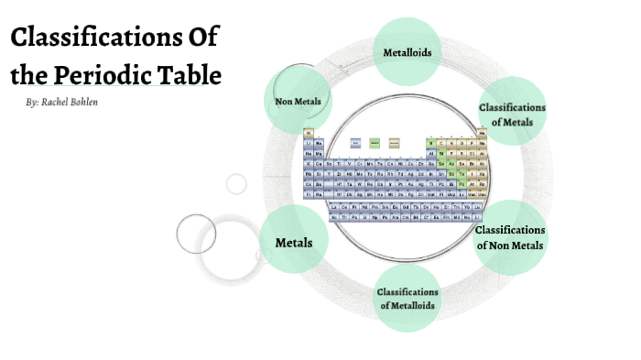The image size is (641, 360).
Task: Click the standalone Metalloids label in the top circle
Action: [407, 52]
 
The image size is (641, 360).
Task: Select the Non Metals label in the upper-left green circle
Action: [298, 101]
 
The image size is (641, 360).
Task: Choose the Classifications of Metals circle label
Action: [512, 115]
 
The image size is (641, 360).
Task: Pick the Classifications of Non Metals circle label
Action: [510, 237]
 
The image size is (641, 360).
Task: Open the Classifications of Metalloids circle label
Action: [407, 299]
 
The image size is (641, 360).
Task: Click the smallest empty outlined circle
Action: [236, 183]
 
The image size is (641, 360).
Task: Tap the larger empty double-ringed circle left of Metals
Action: [196, 233]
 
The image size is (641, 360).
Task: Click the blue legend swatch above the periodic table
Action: [354, 143]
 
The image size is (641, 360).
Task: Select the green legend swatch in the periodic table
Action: [375, 143]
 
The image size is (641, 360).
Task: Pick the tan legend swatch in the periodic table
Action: [395, 143]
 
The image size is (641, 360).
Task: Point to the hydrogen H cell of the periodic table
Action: [309, 133]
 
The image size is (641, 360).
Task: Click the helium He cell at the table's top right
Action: [482, 133]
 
